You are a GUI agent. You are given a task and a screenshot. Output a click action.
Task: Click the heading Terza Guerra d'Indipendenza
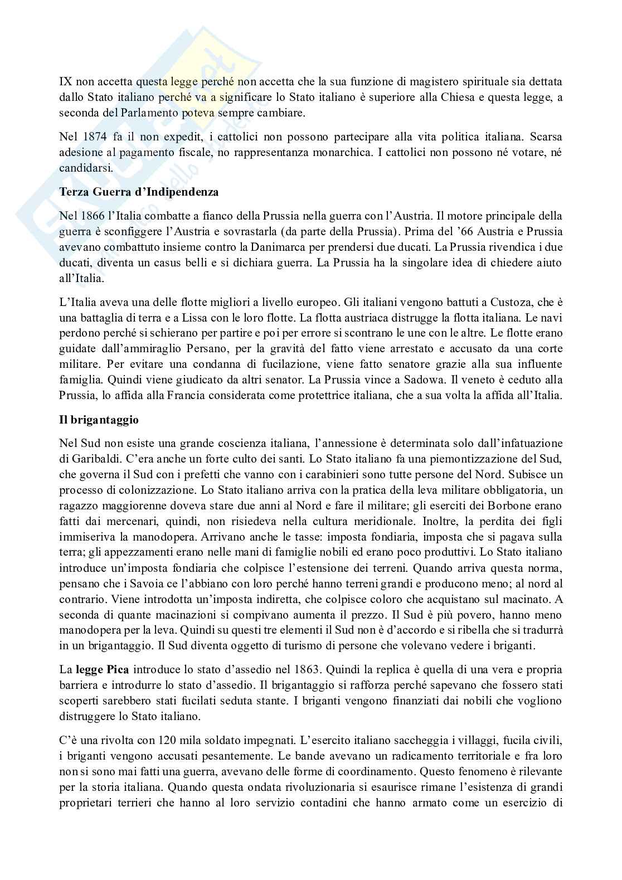[x=139, y=193]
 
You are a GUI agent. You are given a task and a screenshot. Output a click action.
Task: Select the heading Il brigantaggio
[x=99, y=420]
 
